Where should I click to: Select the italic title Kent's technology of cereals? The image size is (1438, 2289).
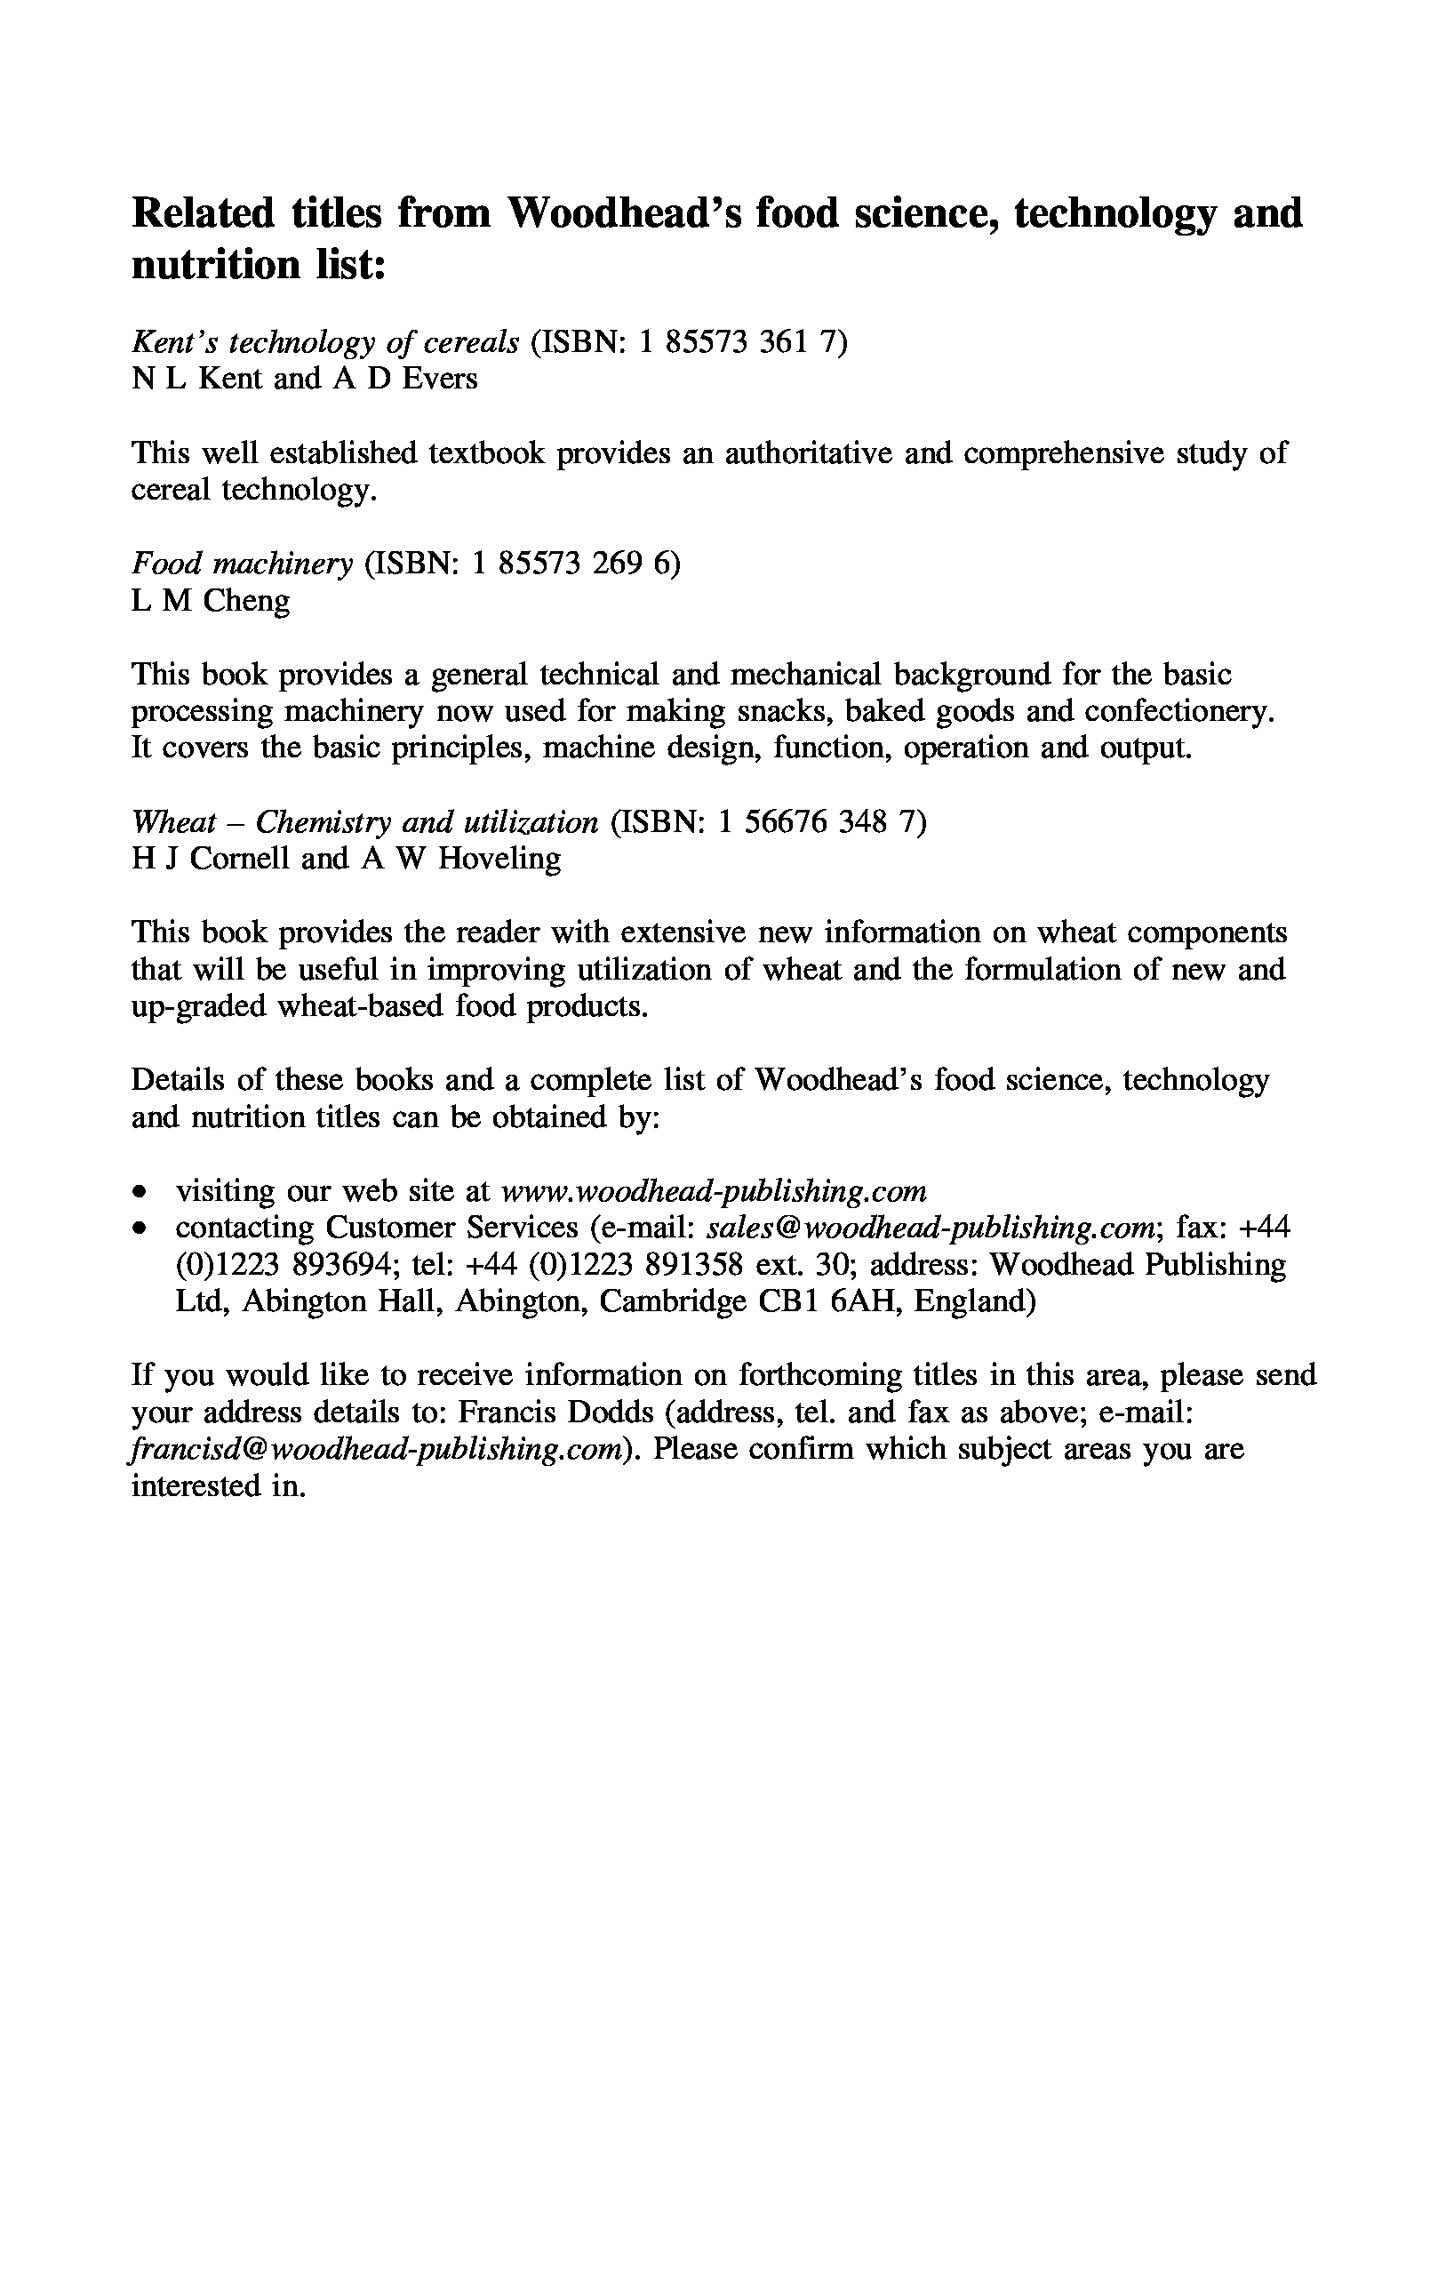coord(325,341)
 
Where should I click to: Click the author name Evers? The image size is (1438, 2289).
coord(439,379)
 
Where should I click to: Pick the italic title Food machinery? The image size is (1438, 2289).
coord(242,564)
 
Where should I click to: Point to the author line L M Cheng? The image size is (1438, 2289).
coord(210,601)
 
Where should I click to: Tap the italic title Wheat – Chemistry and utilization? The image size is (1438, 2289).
coord(365,821)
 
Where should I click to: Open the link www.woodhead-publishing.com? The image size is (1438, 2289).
coord(713,1191)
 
